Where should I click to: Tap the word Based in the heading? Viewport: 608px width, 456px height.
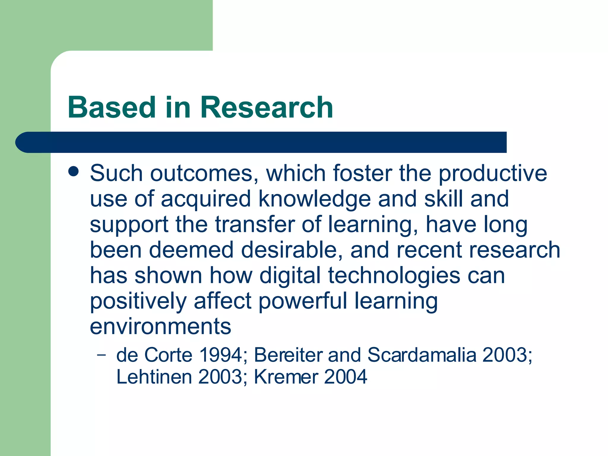click(x=112, y=107)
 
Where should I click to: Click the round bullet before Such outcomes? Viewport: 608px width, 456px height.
click(x=73, y=171)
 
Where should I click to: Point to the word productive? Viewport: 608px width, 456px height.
click(x=493, y=173)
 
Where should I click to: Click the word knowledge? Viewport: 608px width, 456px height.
click(x=314, y=199)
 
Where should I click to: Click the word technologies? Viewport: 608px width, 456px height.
click(x=394, y=275)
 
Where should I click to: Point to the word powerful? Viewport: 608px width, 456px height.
click(x=303, y=301)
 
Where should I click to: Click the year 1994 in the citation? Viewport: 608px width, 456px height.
click(x=221, y=355)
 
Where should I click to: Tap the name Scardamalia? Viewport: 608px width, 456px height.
click(x=422, y=355)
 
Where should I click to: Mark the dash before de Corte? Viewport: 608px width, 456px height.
click(x=101, y=354)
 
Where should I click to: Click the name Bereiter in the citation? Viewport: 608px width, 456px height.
click(x=288, y=355)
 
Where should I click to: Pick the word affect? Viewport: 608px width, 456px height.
click(x=223, y=301)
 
